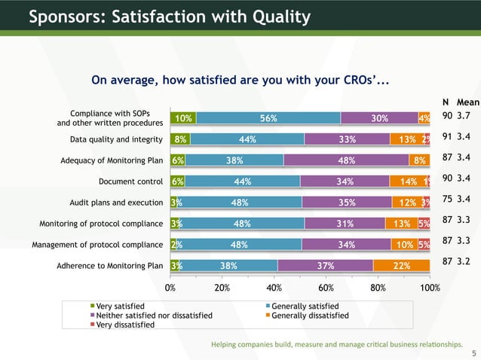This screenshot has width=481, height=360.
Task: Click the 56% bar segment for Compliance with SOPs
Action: [x=268, y=117]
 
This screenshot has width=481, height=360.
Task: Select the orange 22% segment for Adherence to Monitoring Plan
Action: [x=401, y=265]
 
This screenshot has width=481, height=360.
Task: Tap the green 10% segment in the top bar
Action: [x=183, y=117]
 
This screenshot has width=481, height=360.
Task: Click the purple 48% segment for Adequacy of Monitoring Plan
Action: [x=346, y=160]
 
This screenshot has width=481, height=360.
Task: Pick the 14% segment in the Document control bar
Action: [x=407, y=181]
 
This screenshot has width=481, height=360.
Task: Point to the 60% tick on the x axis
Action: [x=326, y=287]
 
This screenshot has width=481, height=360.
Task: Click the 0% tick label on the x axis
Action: [x=170, y=287]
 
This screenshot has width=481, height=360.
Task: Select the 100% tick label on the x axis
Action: [x=430, y=287]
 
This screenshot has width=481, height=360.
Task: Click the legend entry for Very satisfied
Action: [x=121, y=306]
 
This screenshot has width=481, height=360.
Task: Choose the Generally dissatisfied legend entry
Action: [x=310, y=316]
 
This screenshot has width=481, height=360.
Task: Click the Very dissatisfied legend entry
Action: [x=125, y=325]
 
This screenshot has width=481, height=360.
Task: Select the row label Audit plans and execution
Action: [x=116, y=202]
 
